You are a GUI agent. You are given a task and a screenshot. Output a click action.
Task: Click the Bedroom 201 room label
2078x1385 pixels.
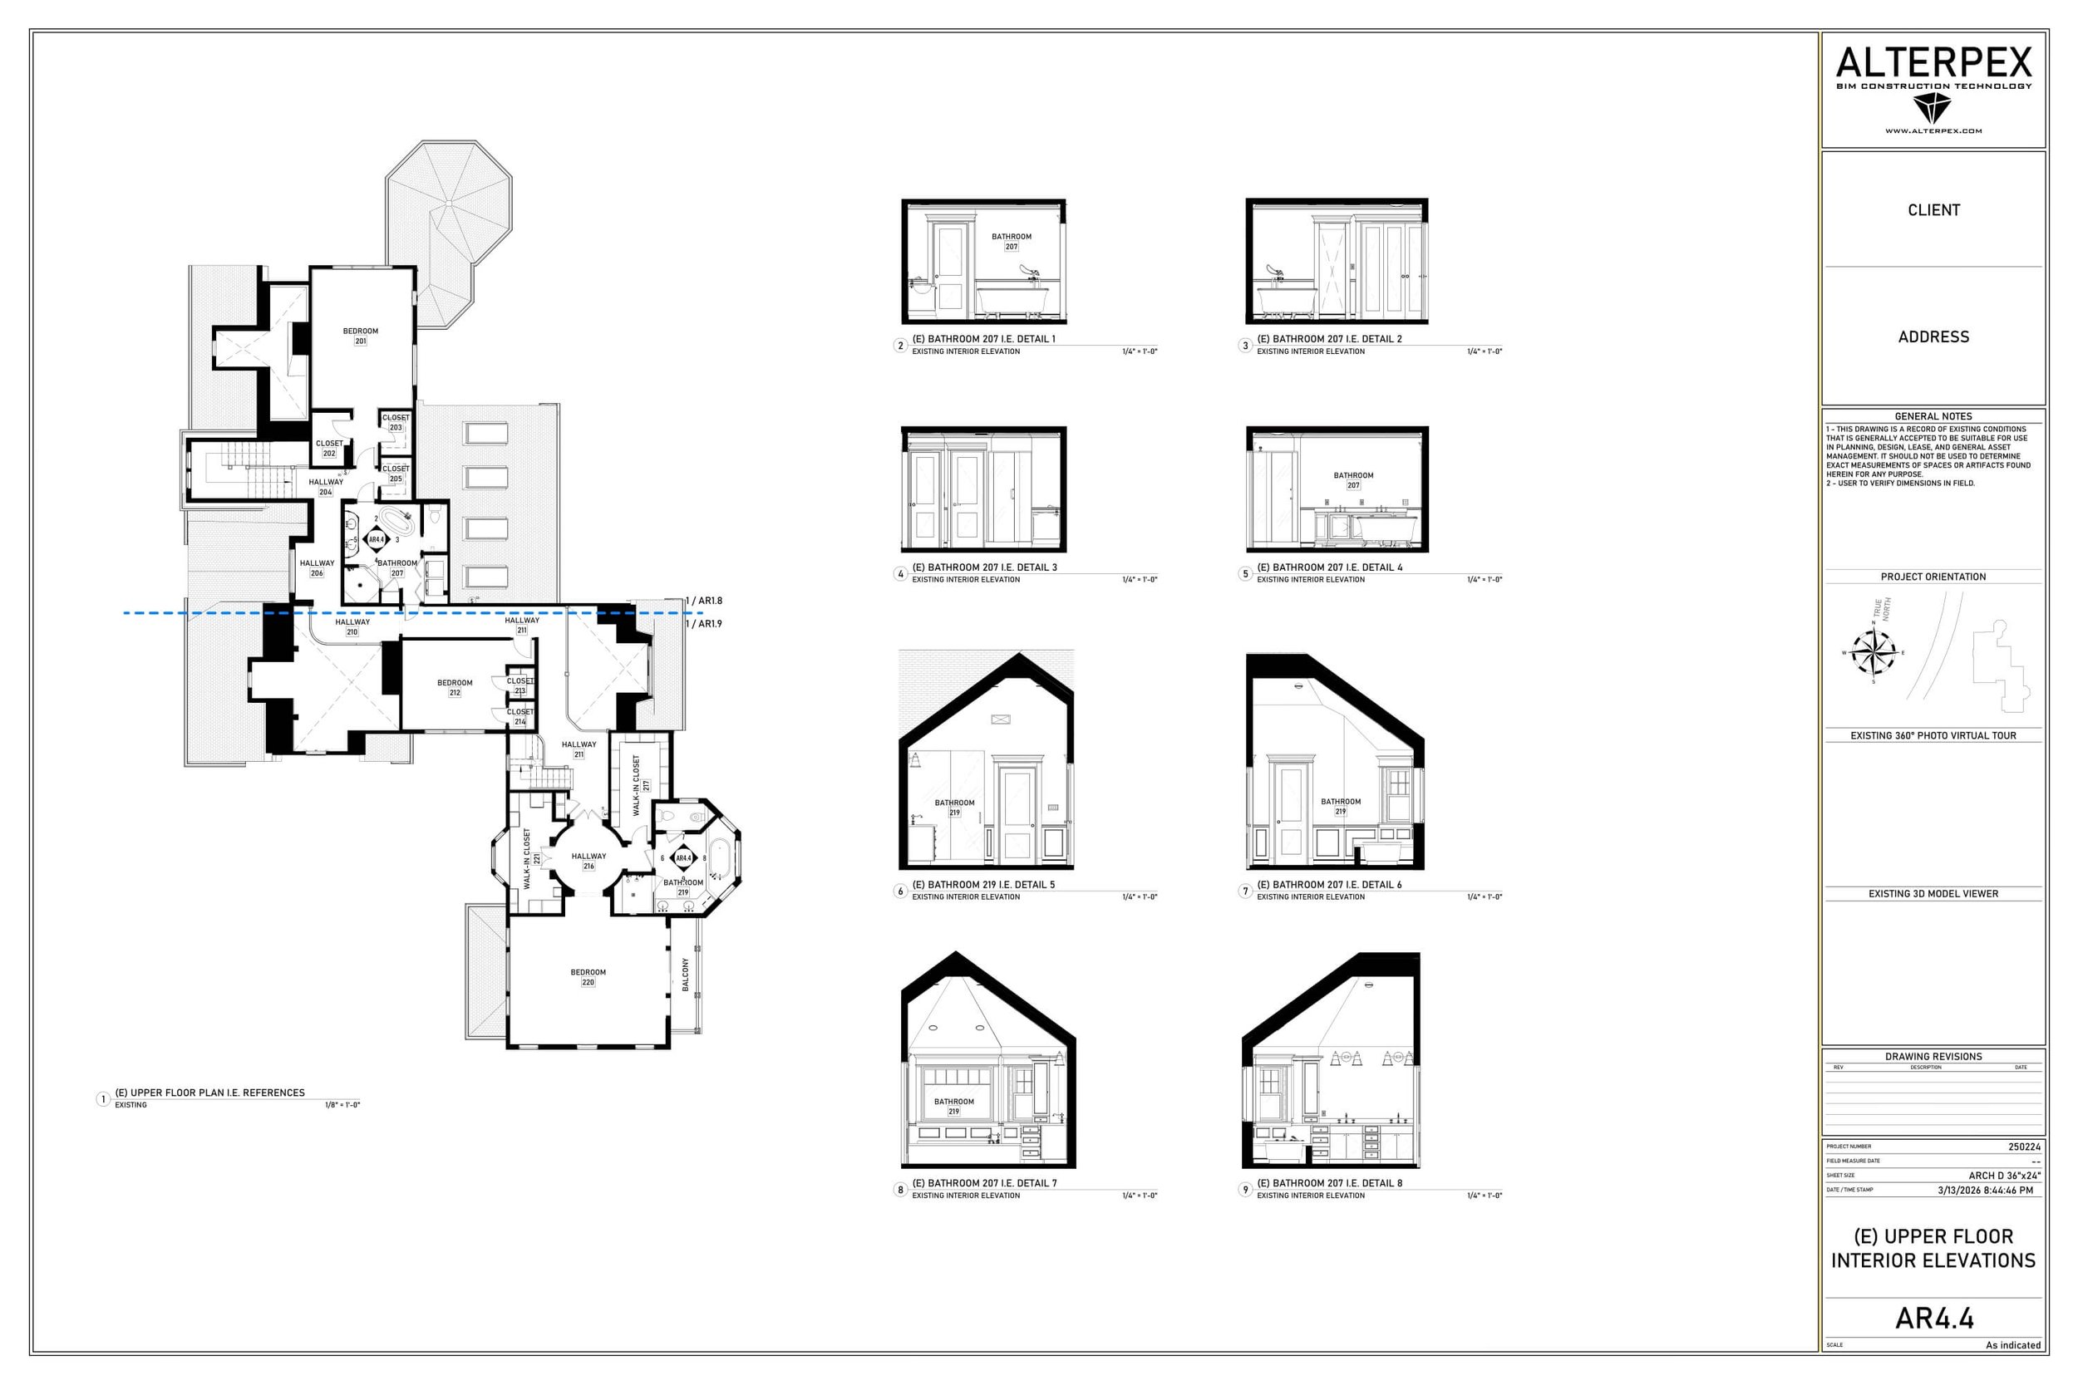coord(361,336)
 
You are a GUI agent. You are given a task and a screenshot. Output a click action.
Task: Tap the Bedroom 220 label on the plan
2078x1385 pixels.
coord(588,977)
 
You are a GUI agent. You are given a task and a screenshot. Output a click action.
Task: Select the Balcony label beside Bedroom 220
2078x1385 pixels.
coord(686,975)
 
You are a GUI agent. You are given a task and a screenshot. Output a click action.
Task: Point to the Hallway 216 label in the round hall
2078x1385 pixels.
coord(588,860)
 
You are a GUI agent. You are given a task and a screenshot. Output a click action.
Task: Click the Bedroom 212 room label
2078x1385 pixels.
coord(455,687)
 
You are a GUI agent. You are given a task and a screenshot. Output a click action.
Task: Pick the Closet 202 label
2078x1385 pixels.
coord(328,448)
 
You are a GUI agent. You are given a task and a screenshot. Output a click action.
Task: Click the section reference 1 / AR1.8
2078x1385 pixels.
coord(704,601)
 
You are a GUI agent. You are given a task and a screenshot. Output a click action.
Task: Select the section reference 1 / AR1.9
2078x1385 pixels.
coord(704,624)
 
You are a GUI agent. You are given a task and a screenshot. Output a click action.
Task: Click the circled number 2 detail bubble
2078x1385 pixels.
coord(900,346)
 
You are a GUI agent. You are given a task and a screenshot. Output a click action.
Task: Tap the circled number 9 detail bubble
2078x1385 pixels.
coord(1246,1190)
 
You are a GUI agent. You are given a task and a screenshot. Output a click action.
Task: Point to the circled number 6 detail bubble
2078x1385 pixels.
coord(900,891)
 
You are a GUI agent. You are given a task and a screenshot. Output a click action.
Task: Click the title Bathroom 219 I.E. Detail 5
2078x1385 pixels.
coord(982,884)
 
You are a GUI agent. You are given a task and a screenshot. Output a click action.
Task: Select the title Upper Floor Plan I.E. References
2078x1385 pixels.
coord(209,1093)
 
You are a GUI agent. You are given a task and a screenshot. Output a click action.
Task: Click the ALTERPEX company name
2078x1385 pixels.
coord(1933,64)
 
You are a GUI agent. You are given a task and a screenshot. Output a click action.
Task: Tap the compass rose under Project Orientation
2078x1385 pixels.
coord(1873,653)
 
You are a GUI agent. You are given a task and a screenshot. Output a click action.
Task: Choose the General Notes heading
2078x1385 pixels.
coord(1933,416)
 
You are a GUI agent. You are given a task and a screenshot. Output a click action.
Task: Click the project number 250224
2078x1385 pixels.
coord(2024,1147)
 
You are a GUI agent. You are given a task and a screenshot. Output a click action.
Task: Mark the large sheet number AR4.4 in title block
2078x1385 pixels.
coord(1934,1319)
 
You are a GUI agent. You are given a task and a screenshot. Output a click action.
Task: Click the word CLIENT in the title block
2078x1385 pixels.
coord(1933,210)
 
